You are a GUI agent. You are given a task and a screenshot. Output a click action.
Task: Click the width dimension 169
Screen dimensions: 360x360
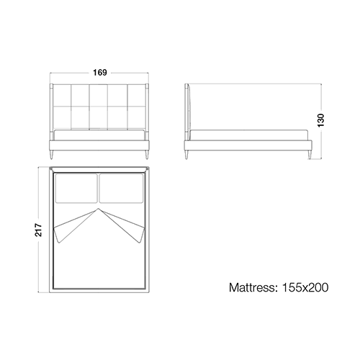[x=100, y=73]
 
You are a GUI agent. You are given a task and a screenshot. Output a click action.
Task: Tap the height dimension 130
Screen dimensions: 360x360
[x=320, y=120]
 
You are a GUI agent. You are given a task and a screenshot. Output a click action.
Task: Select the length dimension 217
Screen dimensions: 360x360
[x=38, y=230]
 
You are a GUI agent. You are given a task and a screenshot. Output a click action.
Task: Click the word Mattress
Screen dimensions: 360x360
[x=253, y=287]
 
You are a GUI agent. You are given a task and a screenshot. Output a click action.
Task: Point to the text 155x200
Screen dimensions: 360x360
[x=305, y=287]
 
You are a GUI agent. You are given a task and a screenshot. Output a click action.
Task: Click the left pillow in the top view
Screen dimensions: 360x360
[x=76, y=188]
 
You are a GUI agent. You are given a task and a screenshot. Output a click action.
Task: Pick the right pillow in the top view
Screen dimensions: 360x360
[x=121, y=188]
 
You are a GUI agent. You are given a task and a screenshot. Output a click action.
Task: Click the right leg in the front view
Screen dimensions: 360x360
[x=146, y=154]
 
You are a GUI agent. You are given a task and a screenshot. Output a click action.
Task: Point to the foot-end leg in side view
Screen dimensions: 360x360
[x=310, y=154]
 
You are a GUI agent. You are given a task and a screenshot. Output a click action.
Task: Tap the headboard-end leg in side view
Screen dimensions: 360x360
[x=186, y=154]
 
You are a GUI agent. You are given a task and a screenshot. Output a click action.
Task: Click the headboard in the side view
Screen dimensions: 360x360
[x=187, y=112]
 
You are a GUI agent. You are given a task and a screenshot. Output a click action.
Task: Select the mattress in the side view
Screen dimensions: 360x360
[x=249, y=135]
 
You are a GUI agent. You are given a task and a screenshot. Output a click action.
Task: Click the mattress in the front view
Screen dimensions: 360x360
[x=99, y=135]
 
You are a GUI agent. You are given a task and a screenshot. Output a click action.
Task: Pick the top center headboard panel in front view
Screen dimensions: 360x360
[x=99, y=96]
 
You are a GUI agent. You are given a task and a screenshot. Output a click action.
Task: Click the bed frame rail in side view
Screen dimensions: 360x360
[x=248, y=145]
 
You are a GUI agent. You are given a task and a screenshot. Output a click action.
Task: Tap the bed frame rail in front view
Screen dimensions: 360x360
[x=99, y=145]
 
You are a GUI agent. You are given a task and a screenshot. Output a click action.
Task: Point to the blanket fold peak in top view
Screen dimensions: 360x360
[x=99, y=209]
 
